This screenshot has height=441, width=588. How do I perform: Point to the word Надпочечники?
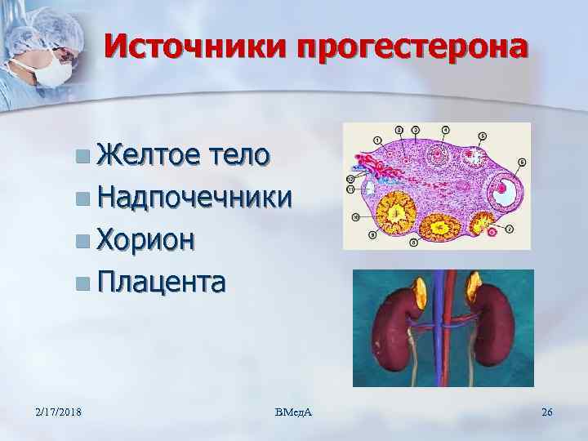pyautogui.click(x=194, y=197)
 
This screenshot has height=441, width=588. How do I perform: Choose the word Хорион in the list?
pyautogui.click(x=145, y=239)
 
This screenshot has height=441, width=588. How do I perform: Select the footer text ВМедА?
pyautogui.click(x=295, y=411)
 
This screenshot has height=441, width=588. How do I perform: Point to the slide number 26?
pyautogui.click(x=547, y=411)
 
